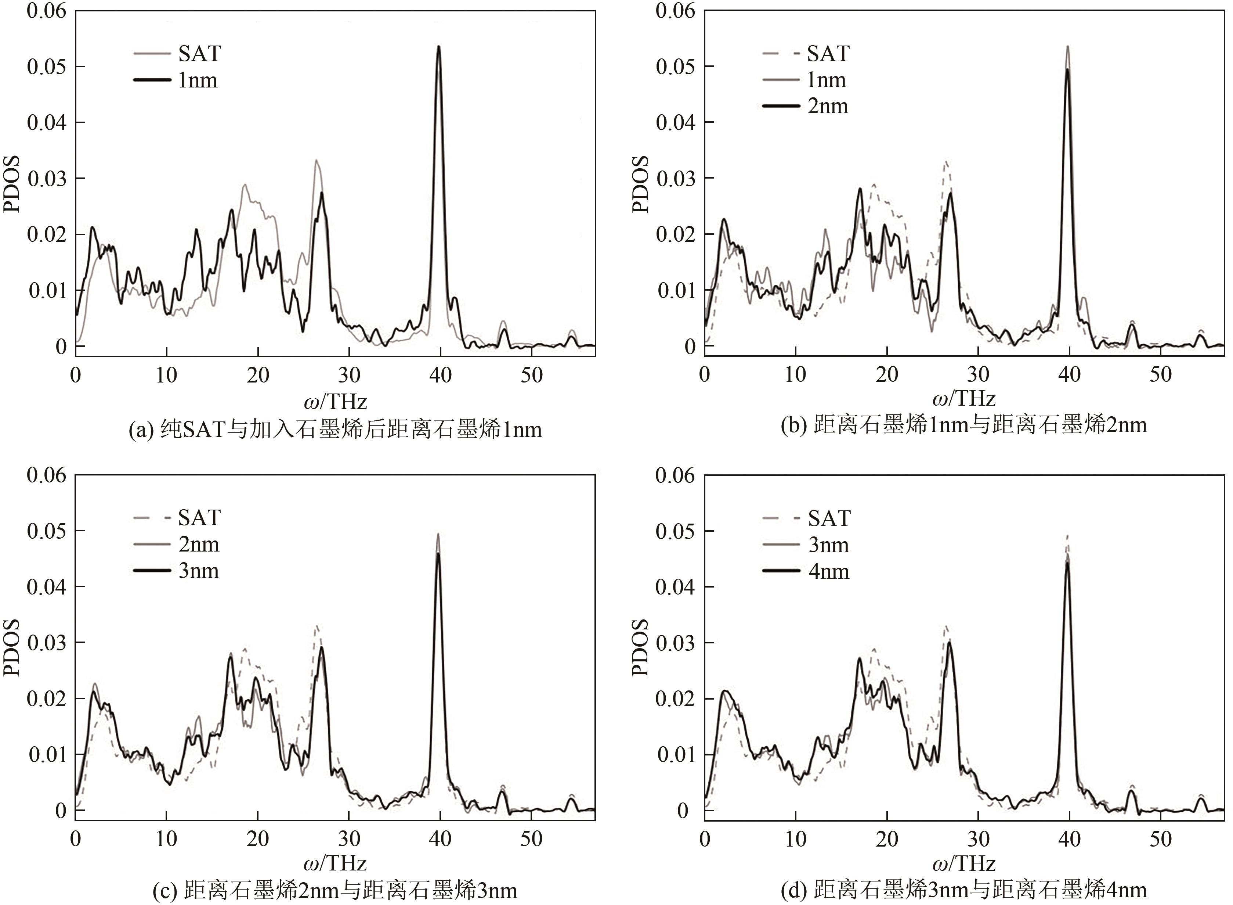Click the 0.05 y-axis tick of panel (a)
pyautogui.click(x=47, y=67)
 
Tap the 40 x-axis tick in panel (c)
pyautogui.click(x=440, y=839)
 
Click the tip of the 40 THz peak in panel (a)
pyautogui.click(x=438, y=47)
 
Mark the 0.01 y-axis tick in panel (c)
pyautogui.click(x=47, y=755)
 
